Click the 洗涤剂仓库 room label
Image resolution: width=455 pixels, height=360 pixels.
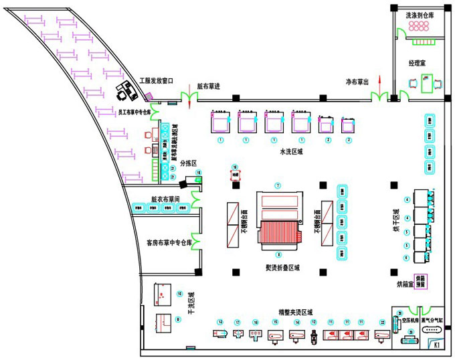(x=420, y=14)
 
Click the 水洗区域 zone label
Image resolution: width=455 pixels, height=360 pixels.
(x=292, y=151)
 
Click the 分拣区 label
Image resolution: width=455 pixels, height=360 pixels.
(x=189, y=162)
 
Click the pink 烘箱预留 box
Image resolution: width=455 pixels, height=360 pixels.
(x=422, y=280)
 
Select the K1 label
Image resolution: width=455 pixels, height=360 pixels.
(x=436, y=345)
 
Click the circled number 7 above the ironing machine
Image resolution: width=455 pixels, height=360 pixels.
(x=278, y=185)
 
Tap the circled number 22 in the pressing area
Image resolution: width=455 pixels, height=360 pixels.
(x=382, y=323)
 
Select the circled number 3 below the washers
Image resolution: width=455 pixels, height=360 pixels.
(x=348, y=141)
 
